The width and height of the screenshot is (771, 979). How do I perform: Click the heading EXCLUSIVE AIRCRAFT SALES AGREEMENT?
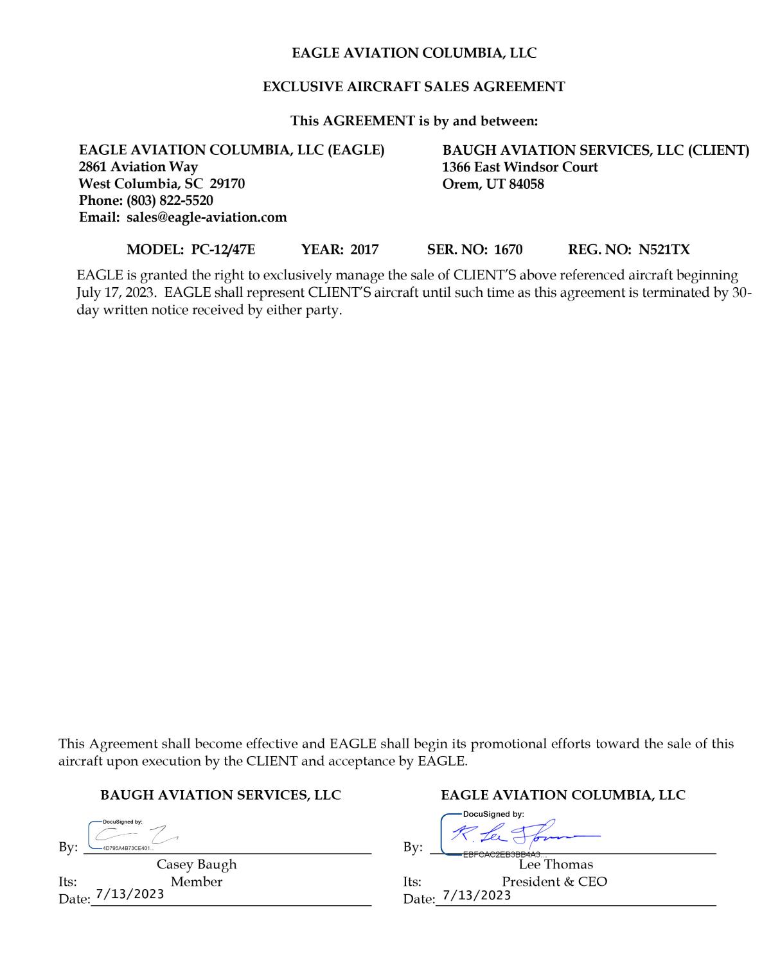[x=414, y=87]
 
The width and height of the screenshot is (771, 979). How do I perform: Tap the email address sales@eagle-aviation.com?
[x=206, y=217]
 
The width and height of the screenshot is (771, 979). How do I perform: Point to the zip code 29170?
[x=227, y=184]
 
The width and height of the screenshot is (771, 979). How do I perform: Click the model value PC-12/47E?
[x=223, y=249]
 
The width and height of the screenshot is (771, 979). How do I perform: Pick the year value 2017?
[x=364, y=249]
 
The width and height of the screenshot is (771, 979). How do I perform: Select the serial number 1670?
[x=508, y=249]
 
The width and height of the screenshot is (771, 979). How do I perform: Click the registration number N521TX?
[x=664, y=249]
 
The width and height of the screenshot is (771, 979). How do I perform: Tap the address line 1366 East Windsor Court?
[x=520, y=167]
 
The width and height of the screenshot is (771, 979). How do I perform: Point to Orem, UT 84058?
[x=493, y=184]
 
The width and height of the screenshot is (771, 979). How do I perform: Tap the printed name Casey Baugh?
[x=197, y=865]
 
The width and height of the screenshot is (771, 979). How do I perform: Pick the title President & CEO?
[x=554, y=881]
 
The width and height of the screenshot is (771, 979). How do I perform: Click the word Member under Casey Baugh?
[x=197, y=881]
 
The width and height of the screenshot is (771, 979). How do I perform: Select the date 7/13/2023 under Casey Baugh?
[x=130, y=894]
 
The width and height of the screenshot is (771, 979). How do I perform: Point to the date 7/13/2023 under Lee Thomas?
[x=477, y=895]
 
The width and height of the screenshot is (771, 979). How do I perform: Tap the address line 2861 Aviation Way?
[x=138, y=167]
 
